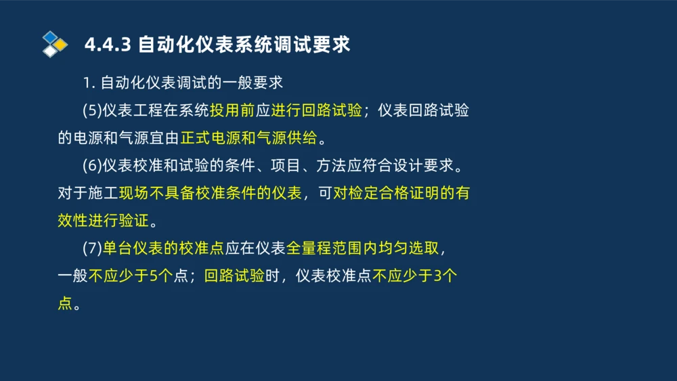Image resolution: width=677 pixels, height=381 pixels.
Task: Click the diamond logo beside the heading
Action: (54, 44)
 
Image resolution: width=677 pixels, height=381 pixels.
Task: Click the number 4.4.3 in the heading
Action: (108, 45)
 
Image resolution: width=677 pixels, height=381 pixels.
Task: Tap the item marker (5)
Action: (91, 110)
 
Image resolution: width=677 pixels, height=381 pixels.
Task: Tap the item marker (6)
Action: (91, 165)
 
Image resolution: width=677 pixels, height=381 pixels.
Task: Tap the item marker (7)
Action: (91, 248)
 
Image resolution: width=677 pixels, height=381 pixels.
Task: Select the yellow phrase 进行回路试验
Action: (316, 110)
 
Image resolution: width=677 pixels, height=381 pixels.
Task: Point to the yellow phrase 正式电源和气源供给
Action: (248, 138)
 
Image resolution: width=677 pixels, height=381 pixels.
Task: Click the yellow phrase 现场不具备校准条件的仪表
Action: (210, 193)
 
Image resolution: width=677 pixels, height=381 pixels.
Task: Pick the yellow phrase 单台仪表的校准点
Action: (163, 248)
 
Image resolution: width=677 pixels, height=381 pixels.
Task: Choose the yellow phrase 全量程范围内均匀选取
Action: (362, 248)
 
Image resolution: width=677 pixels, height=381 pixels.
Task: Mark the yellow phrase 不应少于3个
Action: (416, 276)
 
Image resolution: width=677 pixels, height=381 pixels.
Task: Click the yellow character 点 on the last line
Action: (65, 303)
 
